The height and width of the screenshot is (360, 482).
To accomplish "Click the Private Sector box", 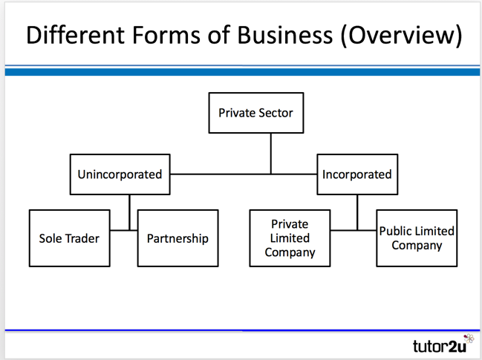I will (255, 114).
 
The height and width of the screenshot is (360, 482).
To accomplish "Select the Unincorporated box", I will (120, 174).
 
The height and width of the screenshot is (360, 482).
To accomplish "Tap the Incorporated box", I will (356, 174).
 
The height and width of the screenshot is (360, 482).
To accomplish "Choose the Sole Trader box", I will (69, 238).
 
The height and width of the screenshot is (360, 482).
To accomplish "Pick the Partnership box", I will (178, 238).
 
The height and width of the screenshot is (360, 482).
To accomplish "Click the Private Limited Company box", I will (290, 238).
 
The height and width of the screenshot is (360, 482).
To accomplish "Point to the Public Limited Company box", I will (417, 238).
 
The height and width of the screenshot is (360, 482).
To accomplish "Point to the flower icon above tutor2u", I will (468, 338).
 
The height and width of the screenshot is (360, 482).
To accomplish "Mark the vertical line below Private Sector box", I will (271, 153).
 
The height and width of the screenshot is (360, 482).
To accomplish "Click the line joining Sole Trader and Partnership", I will (129, 230).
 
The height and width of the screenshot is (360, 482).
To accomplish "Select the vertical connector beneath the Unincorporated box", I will (129, 208).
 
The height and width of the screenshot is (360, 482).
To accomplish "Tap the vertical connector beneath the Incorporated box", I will (357, 208).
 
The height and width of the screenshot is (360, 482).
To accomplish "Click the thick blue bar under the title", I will (241, 72).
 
